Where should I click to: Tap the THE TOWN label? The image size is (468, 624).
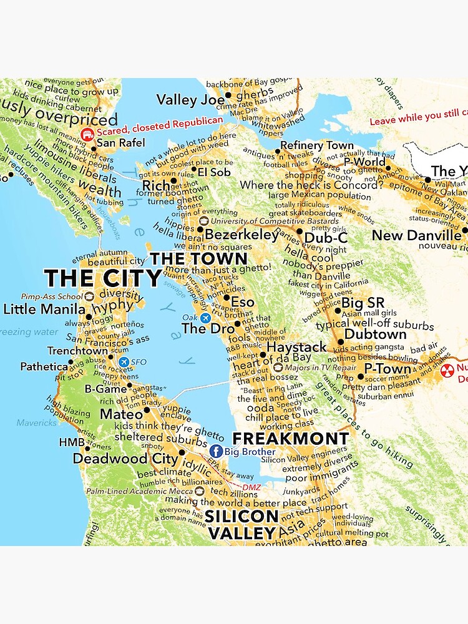[198, 259]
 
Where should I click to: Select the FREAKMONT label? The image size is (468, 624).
[290, 439]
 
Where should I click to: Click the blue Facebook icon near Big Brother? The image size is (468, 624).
[216, 451]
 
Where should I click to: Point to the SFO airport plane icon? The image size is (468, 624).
[123, 362]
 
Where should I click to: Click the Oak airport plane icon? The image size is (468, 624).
[205, 318]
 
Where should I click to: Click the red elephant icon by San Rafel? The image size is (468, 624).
[88, 134]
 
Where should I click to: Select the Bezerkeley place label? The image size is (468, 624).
[241, 235]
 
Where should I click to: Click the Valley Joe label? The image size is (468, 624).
[190, 100]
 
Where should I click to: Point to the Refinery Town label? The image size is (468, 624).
[317, 145]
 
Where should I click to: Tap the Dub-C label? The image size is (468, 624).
[325, 237]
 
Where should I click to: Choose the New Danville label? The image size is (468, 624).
[416, 235]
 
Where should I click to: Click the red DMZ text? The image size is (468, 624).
[251, 487]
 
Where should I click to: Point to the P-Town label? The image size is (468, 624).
[388, 368]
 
